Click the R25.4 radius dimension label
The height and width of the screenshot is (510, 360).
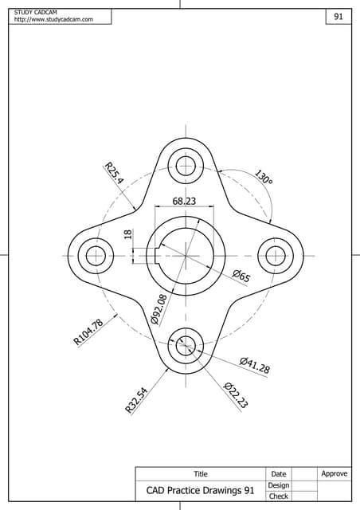[x=114, y=174]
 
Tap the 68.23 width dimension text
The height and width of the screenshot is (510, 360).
[x=184, y=201]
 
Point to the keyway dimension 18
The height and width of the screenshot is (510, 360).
[x=127, y=235]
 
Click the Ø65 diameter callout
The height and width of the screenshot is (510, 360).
[x=241, y=277]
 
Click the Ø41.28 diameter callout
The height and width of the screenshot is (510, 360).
[x=254, y=366]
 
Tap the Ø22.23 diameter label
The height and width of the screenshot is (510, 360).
[x=236, y=395]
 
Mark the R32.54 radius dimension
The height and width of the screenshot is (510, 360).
[x=136, y=399]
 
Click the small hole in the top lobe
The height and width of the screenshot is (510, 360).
[x=186, y=166]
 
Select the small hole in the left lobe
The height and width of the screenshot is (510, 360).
[x=96, y=256]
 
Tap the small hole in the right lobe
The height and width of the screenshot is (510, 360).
[x=275, y=256]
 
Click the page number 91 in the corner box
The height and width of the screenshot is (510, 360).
[x=338, y=17]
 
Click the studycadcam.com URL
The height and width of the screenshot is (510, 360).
[x=53, y=19]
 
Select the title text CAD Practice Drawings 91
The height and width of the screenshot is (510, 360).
[x=200, y=490]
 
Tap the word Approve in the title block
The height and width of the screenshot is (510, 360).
[x=334, y=473]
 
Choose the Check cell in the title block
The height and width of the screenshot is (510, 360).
[x=278, y=496]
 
